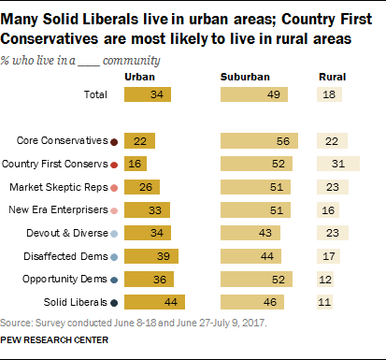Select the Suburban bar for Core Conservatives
[x=262, y=141]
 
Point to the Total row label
[x=94, y=95]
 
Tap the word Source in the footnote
[x=16, y=324]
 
